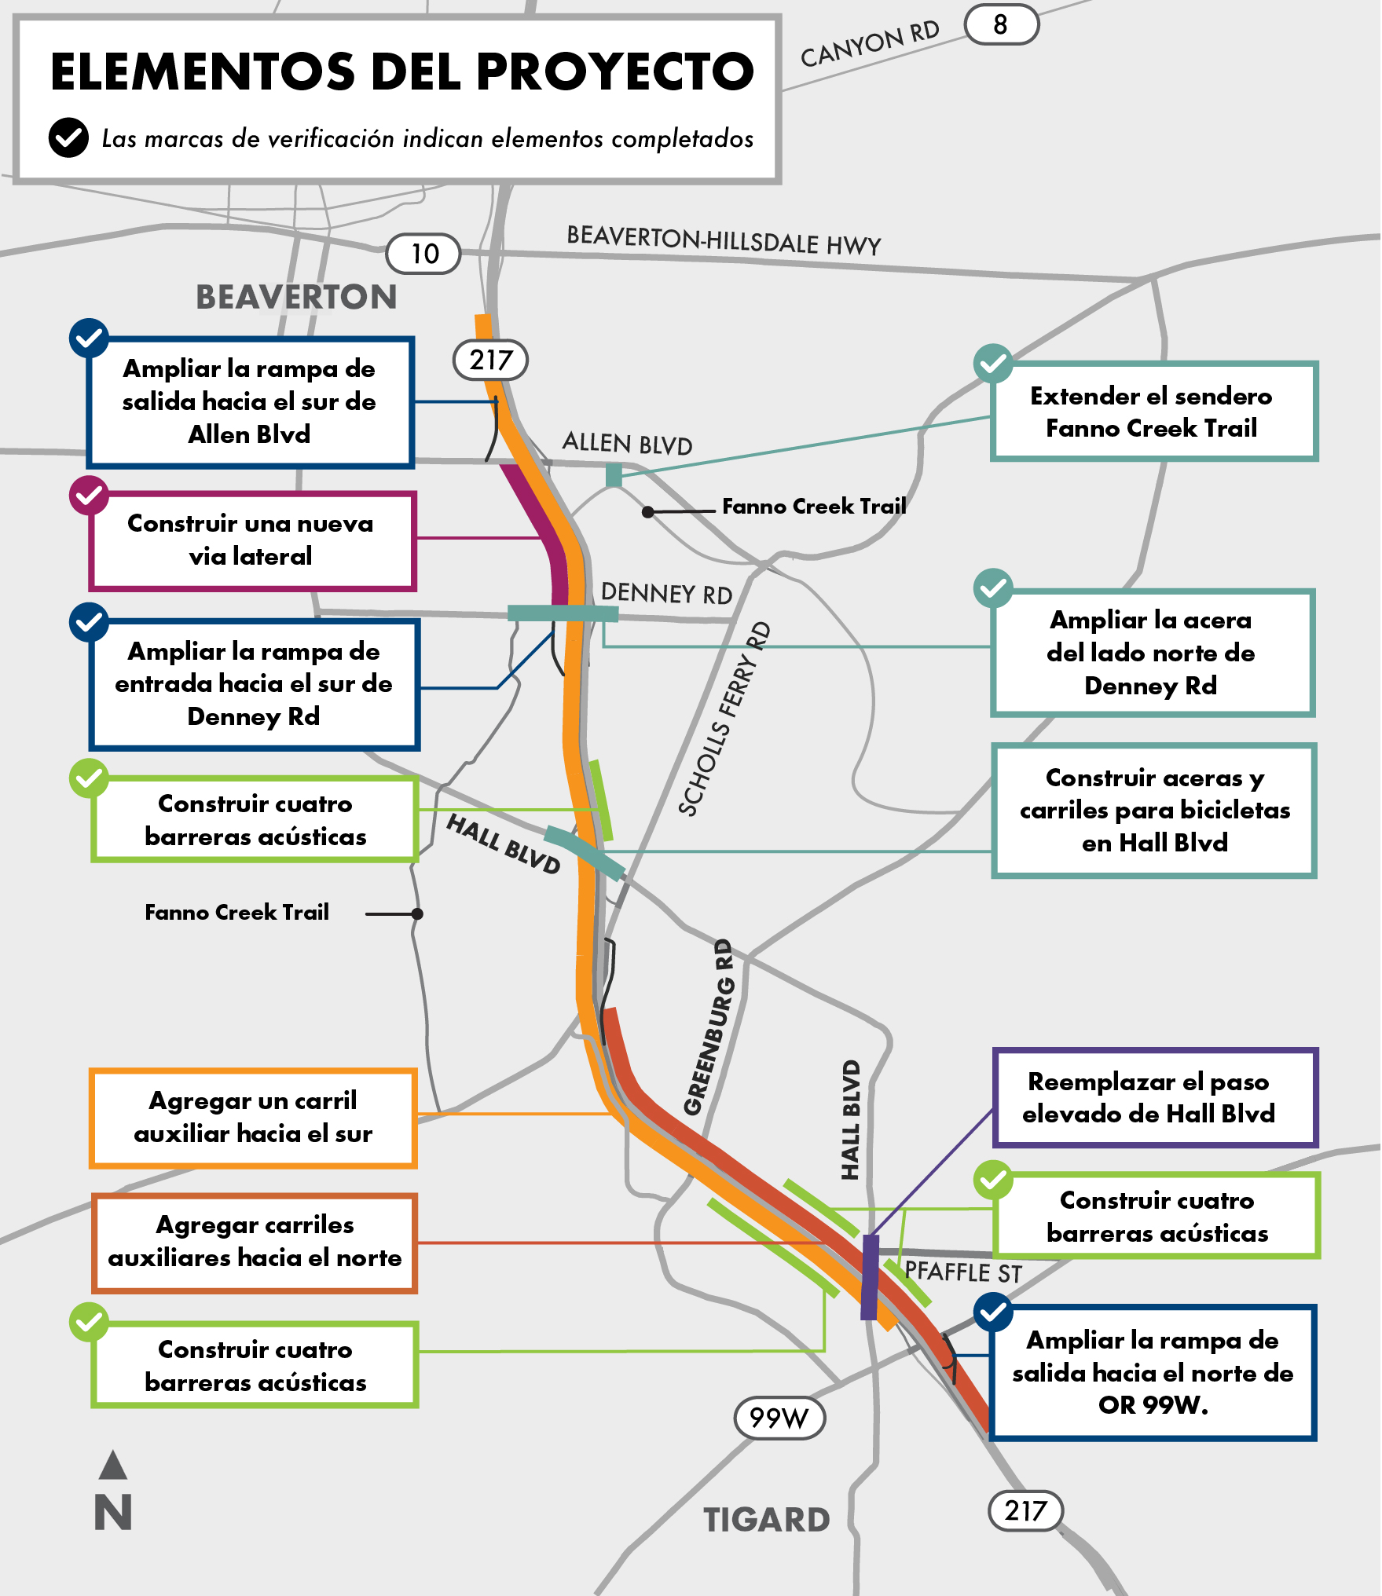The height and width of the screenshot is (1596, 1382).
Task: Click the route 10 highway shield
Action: pyautogui.click(x=423, y=254)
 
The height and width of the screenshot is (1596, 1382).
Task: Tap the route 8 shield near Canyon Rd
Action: pyautogui.click(x=1000, y=24)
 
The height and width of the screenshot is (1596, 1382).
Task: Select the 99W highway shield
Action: pyautogui.click(x=779, y=1418)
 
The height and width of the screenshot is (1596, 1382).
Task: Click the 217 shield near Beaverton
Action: pyautogui.click(x=491, y=361)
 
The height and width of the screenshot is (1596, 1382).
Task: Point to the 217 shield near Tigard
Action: pyautogui.click(x=1025, y=1510)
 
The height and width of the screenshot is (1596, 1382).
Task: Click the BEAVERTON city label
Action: pyautogui.click(x=296, y=298)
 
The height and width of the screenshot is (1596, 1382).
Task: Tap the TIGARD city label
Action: pyautogui.click(x=766, y=1520)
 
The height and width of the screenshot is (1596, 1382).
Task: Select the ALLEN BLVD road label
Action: pyautogui.click(x=627, y=444)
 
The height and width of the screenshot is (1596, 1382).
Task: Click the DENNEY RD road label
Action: pyautogui.click(x=666, y=594)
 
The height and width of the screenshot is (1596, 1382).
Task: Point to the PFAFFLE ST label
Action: pyautogui.click(x=962, y=1272)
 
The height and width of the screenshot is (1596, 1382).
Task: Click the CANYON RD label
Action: pyautogui.click(x=870, y=44)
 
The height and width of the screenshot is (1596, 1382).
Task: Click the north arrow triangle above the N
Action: pyautogui.click(x=113, y=1465)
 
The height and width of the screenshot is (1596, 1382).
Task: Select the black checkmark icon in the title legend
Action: pyautogui.click(x=69, y=138)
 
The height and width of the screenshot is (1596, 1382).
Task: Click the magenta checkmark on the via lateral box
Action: pyautogui.click(x=89, y=495)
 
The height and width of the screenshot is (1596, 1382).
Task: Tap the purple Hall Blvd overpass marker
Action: pyautogui.click(x=870, y=1277)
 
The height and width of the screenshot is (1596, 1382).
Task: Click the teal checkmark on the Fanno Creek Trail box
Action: pyautogui.click(x=993, y=363)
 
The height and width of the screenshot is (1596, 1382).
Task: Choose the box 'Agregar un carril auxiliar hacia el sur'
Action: pyautogui.click(x=253, y=1118)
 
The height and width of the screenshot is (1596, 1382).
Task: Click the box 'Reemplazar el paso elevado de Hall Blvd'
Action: pyautogui.click(x=1154, y=1098)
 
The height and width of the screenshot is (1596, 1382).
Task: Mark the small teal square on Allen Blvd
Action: pyautogui.click(x=614, y=474)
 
